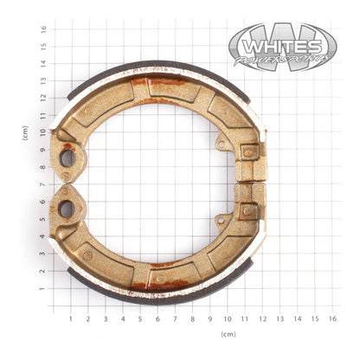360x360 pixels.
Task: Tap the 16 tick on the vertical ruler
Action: (42, 28)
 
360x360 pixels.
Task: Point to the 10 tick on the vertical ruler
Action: (42, 132)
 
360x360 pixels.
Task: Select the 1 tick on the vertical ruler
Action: (42, 289)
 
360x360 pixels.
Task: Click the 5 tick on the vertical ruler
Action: (42, 219)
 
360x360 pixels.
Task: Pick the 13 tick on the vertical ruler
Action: (42, 80)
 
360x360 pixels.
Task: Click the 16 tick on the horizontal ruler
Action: (332, 318)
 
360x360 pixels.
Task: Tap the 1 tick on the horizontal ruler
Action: (70, 318)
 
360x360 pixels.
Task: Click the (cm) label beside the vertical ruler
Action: (25, 132)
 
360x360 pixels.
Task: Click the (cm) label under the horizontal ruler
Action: (228, 333)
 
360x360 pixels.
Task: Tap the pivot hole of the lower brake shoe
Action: (66, 209)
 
